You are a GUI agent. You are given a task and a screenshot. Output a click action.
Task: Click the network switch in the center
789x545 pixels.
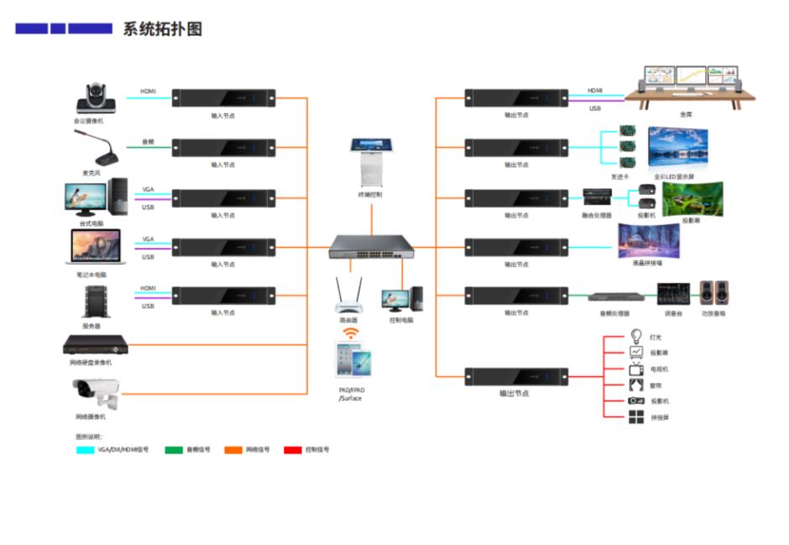click(x=372, y=246)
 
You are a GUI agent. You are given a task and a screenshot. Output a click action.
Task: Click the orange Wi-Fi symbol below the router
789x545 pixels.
click(x=349, y=332)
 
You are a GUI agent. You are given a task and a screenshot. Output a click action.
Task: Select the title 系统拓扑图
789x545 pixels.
click(x=163, y=29)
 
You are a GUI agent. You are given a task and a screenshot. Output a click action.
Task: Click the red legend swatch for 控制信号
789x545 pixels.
click(x=293, y=450)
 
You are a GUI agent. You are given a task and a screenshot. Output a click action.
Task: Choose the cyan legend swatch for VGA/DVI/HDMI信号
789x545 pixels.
click(x=85, y=450)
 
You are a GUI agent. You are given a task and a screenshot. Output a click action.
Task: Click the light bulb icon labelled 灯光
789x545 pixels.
click(x=636, y=336)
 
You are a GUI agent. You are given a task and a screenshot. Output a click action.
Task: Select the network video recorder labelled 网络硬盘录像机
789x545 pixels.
click(x=96, y=343)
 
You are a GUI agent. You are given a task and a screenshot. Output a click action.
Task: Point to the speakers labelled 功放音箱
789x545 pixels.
click(x=714, y=293)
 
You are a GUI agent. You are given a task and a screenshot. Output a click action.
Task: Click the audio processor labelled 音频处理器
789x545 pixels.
click(x=615, y=296)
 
